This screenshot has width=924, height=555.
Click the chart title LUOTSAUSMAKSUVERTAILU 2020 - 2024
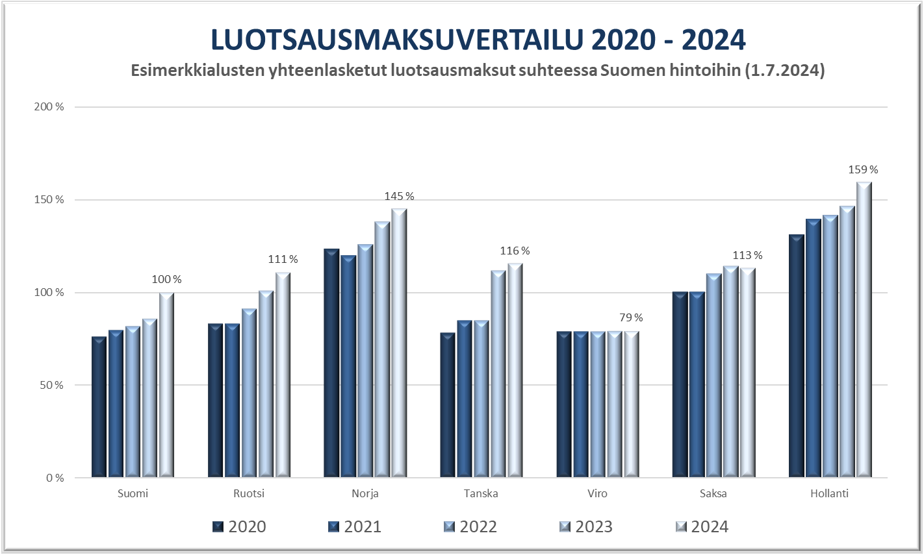click(x=478, y=40)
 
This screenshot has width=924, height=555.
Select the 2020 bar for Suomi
click(x=99, y=407)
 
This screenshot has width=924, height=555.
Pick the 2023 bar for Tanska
click(x=498, y=374)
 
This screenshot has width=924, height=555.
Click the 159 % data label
click(x=863, y=170)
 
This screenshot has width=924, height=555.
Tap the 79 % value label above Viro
click(x=631, y=318)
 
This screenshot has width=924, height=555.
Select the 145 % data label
click(x=399, y=197)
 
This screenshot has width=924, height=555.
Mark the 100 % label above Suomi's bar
click(x=167, y=280)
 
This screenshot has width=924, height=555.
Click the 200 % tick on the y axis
click(x=49, y=107)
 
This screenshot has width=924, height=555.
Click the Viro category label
click(x=597, y=494)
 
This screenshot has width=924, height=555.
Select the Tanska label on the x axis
click(x=481, y=494)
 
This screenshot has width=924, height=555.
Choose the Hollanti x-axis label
click(x=829, y=494)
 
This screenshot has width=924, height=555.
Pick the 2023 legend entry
click(x=585, y=526)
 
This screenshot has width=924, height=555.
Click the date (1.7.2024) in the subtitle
click(x=786, y=71)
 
